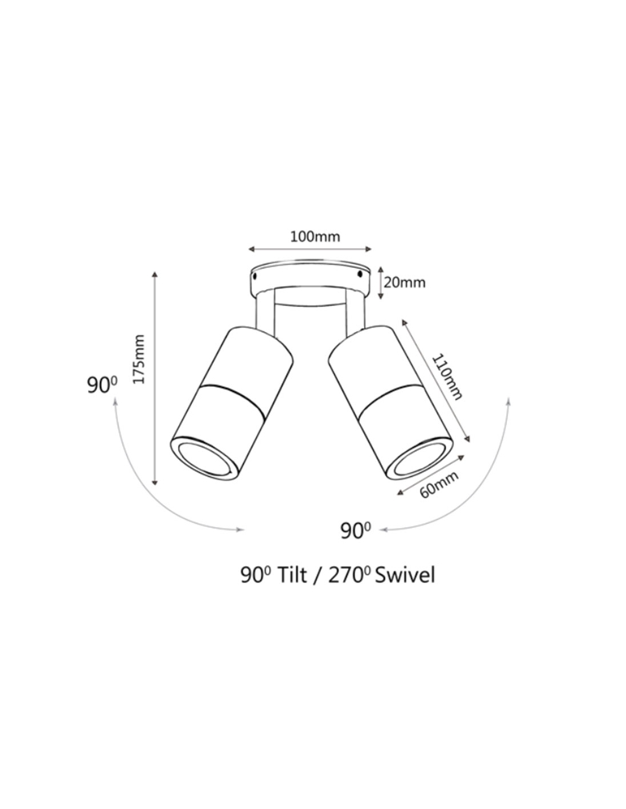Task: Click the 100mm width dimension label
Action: [x=315, y=237]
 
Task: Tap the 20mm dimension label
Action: [x=405, y=283]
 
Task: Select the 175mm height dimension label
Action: [x=139, y=359]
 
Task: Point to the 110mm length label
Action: [x=447, y=377]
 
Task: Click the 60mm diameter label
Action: [x=439, y=485]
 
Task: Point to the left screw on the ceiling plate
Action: [x=256, y=276]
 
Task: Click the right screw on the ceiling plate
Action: [x=359, y=274]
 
